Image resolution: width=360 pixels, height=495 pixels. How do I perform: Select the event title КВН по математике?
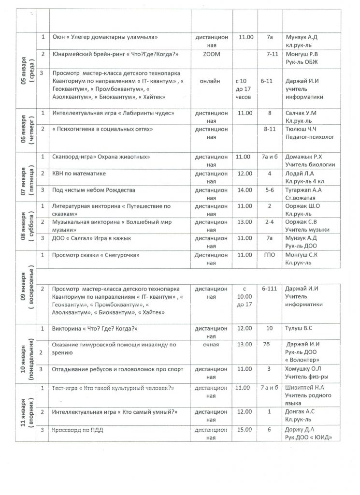pos(79,173)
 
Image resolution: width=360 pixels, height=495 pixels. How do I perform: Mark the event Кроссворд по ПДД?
pos(78,429)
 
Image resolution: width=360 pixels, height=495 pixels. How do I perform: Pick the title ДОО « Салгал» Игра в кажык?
pos(91,238)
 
